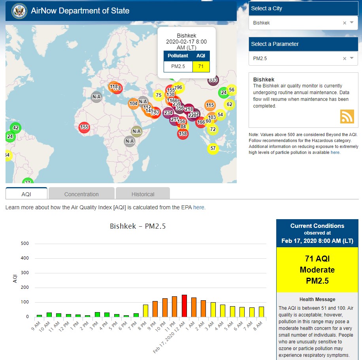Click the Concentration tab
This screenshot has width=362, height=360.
[x=81, y=194]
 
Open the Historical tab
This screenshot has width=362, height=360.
[x=143, y=194]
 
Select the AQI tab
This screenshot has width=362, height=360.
[x=26, y=194]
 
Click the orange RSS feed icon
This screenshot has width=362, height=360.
[x=347, y=116]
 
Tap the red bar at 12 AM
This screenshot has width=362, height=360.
[x=184, y=306]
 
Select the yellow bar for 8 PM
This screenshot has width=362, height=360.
[x=145, y=311]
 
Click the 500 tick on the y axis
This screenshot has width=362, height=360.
[x=25, y=244]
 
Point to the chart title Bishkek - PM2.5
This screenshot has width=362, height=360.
[x=138, y=227]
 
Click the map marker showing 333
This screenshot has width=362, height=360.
[x=213, y=80]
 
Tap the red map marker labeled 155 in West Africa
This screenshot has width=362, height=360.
[x=84, y=127]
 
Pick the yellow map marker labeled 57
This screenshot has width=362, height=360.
[x=213, y=148]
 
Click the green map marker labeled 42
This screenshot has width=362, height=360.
[x=16, y=128]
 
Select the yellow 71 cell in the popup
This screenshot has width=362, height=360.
[x=201, y=66]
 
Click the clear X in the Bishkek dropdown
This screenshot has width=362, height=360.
[x=344, y=23]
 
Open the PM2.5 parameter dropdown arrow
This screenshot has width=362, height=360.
[x=352, y=59]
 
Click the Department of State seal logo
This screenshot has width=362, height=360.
[x=19, y=11]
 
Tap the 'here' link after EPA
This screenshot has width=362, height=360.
[x=199, y=207]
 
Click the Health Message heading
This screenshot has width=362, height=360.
[x=317, y=299]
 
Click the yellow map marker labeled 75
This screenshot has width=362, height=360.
[x=158, y=95]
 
